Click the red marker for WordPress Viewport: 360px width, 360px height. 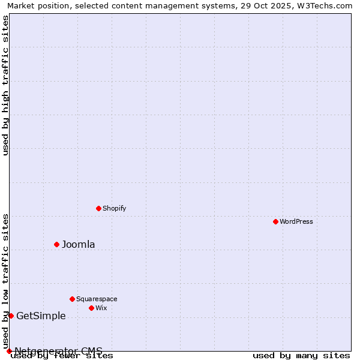[275, 221]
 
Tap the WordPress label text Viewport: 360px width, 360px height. [296, 221]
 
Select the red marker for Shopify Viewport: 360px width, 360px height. [98, 208]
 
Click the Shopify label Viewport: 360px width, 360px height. [114, 208]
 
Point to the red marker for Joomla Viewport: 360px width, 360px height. [56, 244]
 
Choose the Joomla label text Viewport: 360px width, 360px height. [79, 244]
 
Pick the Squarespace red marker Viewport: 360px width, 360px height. [72, 299]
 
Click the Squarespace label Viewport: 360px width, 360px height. [97, 299]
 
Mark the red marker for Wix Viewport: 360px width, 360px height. [91, 308]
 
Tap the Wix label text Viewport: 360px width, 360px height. [101, 308]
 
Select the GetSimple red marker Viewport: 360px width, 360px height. [11, 316]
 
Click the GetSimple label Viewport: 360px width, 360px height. [41, 316]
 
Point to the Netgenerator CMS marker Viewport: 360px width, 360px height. [9, 351]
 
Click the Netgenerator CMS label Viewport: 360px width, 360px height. [58, 351]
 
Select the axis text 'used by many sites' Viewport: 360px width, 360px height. [301, 356]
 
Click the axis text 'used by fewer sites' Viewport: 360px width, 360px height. [62, 356]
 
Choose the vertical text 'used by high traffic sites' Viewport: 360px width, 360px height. [5, 85]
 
